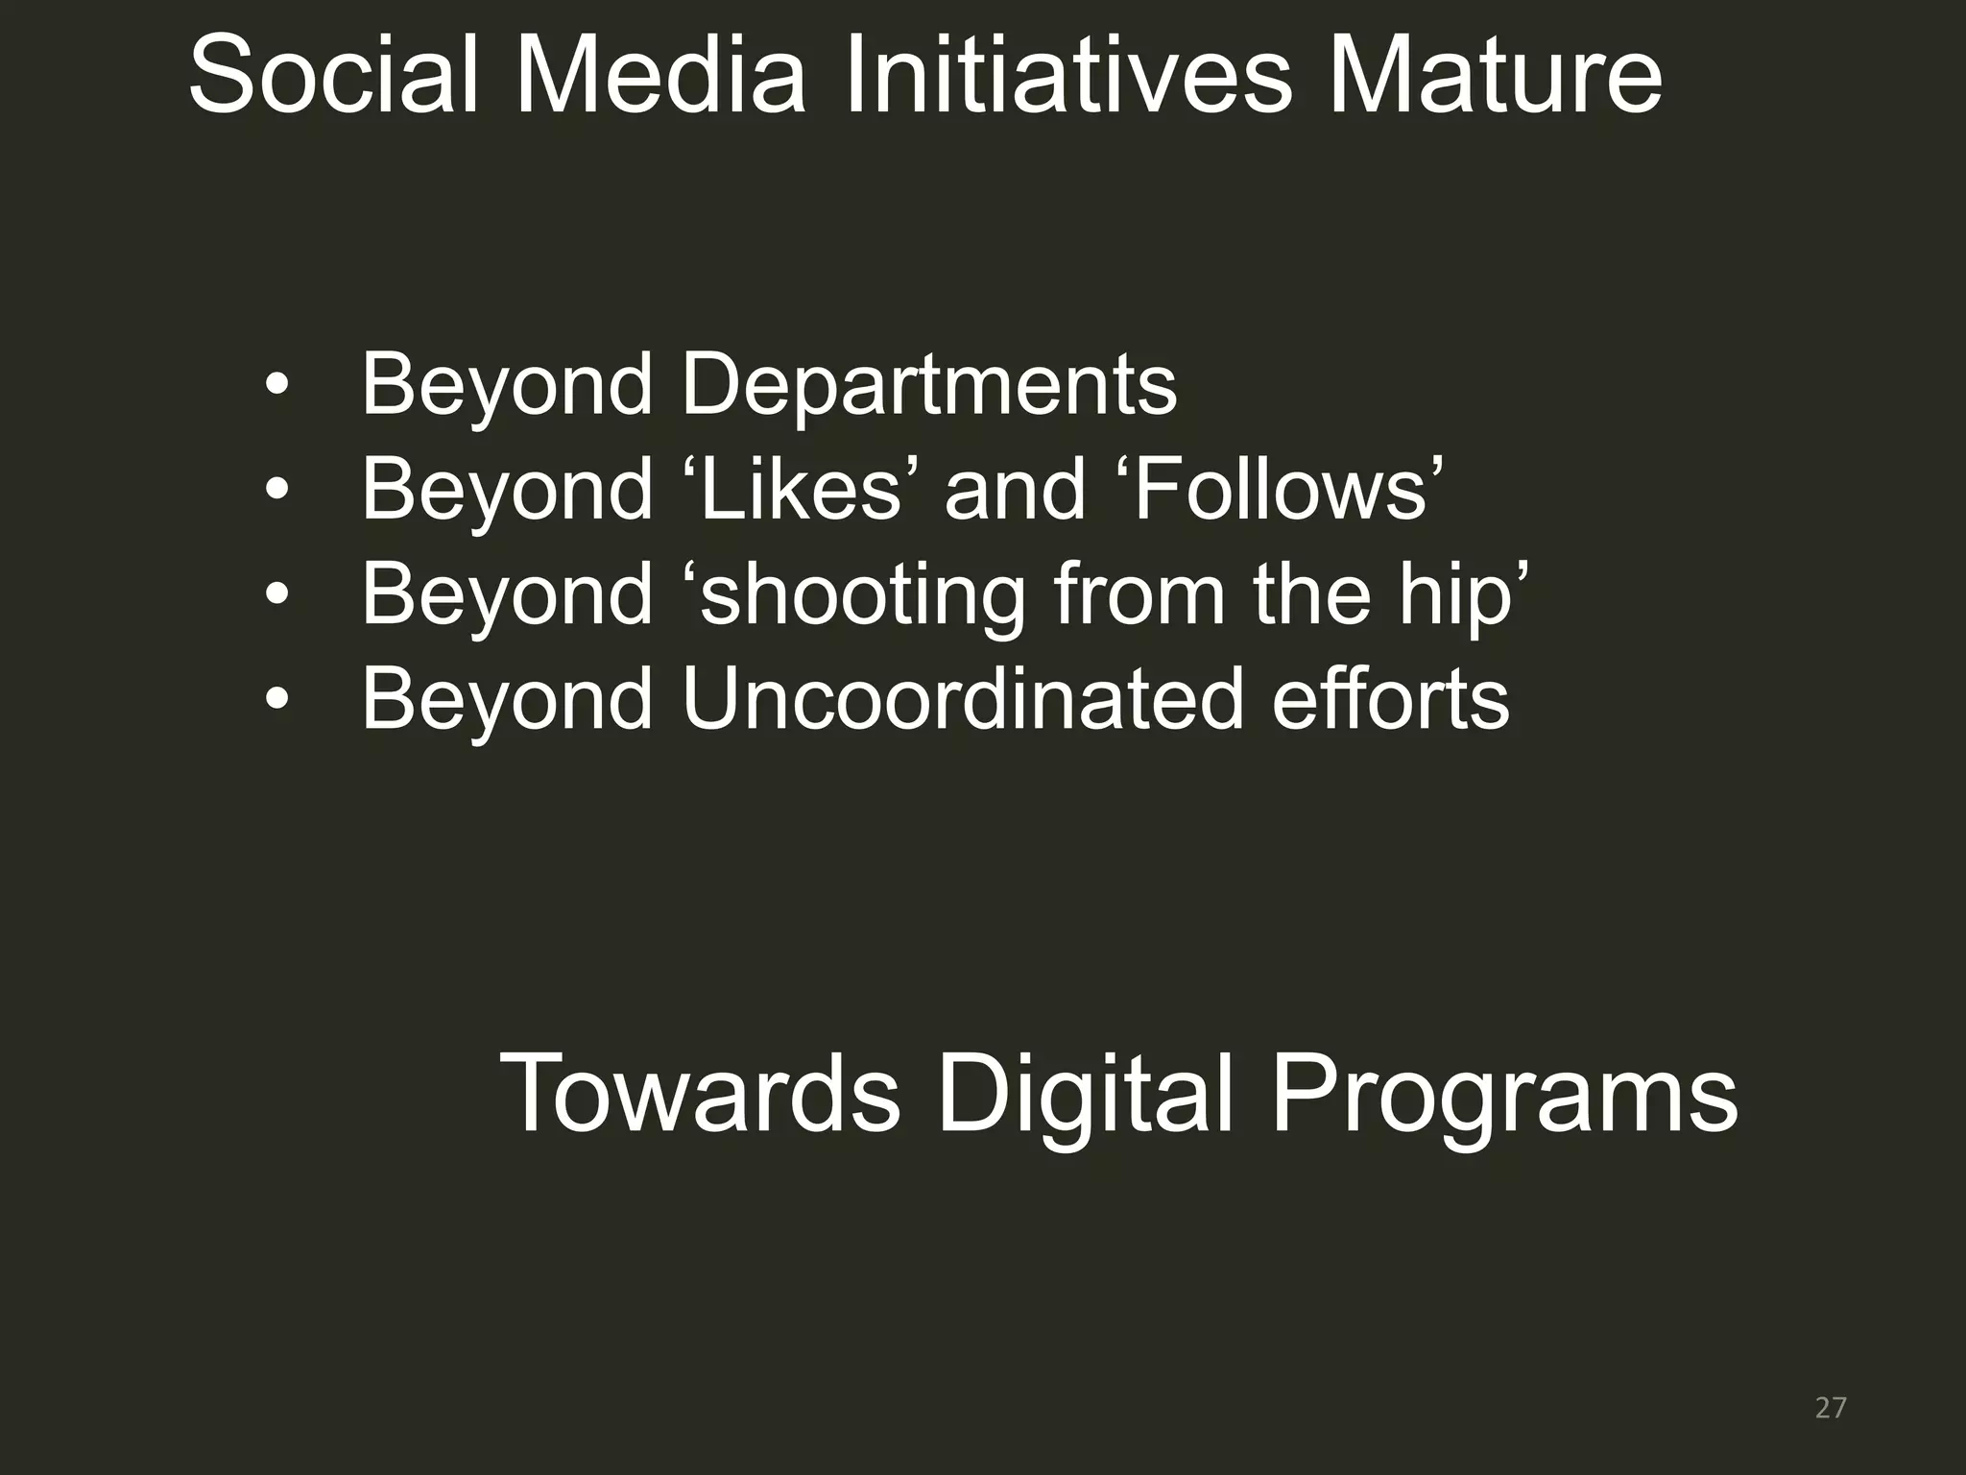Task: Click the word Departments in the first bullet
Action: pos(928,385)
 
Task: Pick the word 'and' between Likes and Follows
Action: pos(1015,490)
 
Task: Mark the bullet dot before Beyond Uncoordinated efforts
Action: pos(276,700)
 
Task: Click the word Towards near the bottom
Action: pos(700,1094)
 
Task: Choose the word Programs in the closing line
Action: pos(1503,1094)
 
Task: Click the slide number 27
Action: pos(1831,1408)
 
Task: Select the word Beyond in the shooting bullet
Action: pos(507,595)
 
